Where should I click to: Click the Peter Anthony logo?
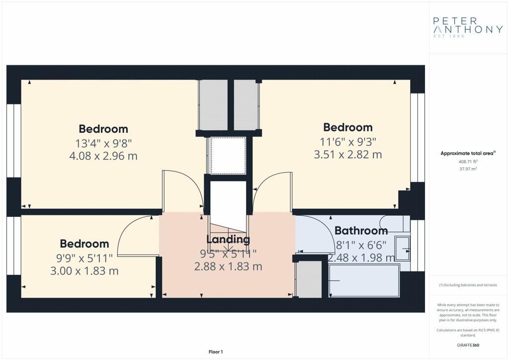(468, 27)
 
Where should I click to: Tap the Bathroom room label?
(361, 231)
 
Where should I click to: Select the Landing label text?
(228, 239)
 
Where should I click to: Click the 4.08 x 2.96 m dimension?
(103, 156)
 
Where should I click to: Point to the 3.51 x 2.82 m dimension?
(347, 154)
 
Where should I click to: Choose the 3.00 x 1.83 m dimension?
(85, 270)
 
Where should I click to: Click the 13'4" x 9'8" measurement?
(103, 143)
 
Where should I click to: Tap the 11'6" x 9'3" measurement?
(347, 142)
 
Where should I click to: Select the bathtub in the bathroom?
(364, 280)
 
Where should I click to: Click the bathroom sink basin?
(403, 248)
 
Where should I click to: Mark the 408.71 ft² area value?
(468, 161)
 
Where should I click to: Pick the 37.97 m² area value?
(468, 169)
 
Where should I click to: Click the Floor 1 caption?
(216, 352)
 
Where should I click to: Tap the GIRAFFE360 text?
(468, 345)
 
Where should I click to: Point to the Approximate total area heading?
(468, 153)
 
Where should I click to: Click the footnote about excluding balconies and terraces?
(468, 285)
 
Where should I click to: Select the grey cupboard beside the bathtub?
(309, 279)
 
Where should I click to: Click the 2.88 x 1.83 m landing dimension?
(228, 267)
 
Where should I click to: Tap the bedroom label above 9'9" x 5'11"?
(85, 244)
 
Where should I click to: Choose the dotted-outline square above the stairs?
(228, 156)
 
